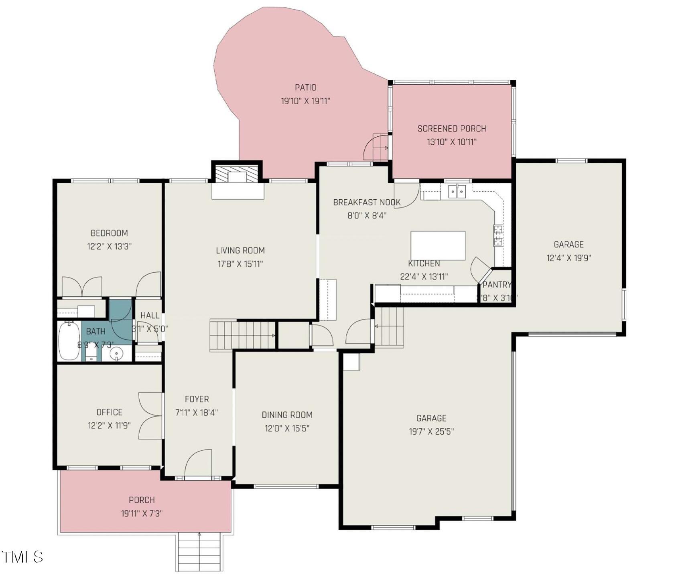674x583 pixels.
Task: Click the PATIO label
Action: point(305,87)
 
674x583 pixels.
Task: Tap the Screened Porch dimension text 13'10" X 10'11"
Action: point(452,142)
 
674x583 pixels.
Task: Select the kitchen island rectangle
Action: point(438,245)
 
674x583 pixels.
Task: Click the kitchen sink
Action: point(457,192)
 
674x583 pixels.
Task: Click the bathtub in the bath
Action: point(69,341)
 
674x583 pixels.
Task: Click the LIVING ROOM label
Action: point(240,251)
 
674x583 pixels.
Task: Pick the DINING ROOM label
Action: point(287,415)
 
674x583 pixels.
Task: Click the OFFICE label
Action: point(109,412)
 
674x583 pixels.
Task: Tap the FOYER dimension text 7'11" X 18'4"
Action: point(197,413)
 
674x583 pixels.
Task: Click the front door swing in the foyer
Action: point(198,463)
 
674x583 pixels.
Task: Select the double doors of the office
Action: point(150,416)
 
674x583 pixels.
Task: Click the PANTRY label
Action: point(497,285)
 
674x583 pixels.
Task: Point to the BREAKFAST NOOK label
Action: point(367,202)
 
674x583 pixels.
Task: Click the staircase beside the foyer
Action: point(243,335)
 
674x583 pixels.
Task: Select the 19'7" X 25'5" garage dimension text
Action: point(431,432)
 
